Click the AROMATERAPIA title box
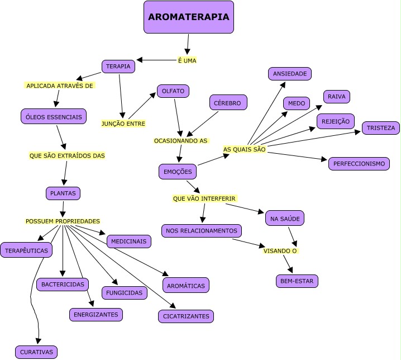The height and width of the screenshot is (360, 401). [188, 17]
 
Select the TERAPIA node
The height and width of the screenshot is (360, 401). [118, 67]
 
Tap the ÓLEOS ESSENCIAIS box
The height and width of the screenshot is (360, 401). [53, 117]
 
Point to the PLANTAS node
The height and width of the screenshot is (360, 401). [63, 193]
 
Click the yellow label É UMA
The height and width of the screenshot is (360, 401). [187, 60]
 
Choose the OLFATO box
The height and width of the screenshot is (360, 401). [173, 91]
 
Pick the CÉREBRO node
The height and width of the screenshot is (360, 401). [228, 103]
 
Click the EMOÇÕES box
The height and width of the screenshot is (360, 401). [178, 172]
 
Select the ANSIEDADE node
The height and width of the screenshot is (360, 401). [289, 74]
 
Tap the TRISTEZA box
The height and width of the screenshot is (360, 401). [381, 128]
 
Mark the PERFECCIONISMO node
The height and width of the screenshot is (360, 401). [359, 164]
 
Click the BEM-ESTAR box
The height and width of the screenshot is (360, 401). [297, 281]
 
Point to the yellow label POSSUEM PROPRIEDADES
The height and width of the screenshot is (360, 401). [63, 221]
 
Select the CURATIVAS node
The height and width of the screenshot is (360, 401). [36, 352]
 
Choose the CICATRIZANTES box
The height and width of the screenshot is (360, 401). [185, 316]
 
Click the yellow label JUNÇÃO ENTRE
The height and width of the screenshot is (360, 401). [123, 124]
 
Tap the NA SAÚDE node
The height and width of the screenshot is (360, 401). [284, 218]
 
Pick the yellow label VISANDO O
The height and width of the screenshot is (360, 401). [280, 251]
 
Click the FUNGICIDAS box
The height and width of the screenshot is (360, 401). [124, 292]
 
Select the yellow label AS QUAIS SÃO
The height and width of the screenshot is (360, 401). [244, 149]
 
